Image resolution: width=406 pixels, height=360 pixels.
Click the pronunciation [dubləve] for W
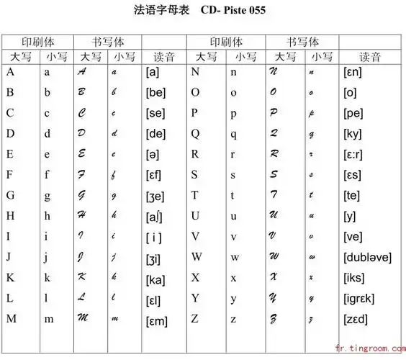pos(368,257)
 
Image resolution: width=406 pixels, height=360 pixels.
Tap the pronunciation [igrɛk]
pos(359,298)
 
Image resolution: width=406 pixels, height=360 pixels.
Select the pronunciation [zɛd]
pos(356,319)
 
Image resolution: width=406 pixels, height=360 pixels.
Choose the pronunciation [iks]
pos(355,277)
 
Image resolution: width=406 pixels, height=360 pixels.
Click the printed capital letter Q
pos(194,133)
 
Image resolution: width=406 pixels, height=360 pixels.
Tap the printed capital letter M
pos(11,318)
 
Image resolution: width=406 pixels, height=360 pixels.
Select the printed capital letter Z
pos(194,318)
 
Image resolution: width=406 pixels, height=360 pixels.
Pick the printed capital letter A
pos(10,72)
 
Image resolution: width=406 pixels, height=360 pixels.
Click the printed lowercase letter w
pos(234,257)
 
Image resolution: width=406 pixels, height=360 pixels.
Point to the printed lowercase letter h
pos(48,216)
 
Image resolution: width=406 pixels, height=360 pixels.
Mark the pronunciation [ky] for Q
pos(353,134)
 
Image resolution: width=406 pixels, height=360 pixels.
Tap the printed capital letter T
pos(194,195)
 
